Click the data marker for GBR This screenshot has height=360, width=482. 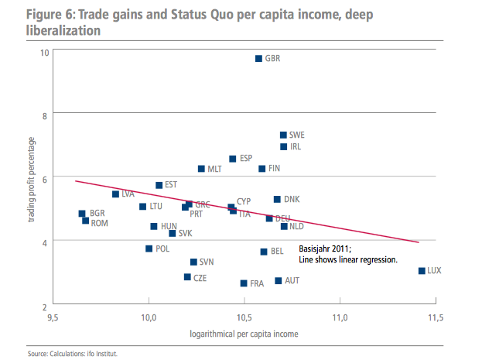[x=259, y=58]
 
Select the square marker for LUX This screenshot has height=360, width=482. [x=422, y=271]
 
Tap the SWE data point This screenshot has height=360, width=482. [x=283, y=135]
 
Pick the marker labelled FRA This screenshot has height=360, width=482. [x=244, y=283]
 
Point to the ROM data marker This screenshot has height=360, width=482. [x=85, y=221]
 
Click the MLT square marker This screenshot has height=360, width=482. [x=201, y=169]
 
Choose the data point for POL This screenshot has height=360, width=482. [x=149, y=249]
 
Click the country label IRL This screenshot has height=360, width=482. [x=295, y=147]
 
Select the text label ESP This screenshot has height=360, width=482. [x=246, y=159]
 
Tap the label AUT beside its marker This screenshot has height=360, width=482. [x=292, y=280]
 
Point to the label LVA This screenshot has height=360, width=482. [x=128, y=194]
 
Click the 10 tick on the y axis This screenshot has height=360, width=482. [x=45, y=53]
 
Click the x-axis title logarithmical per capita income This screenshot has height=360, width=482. [x=244, y=334]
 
